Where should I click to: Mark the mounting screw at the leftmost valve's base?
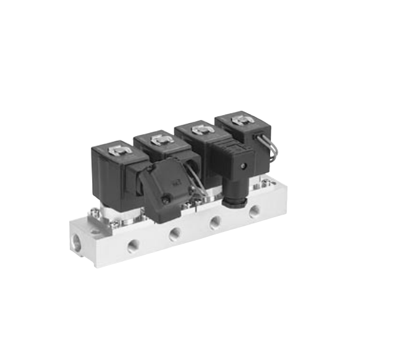95,213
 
